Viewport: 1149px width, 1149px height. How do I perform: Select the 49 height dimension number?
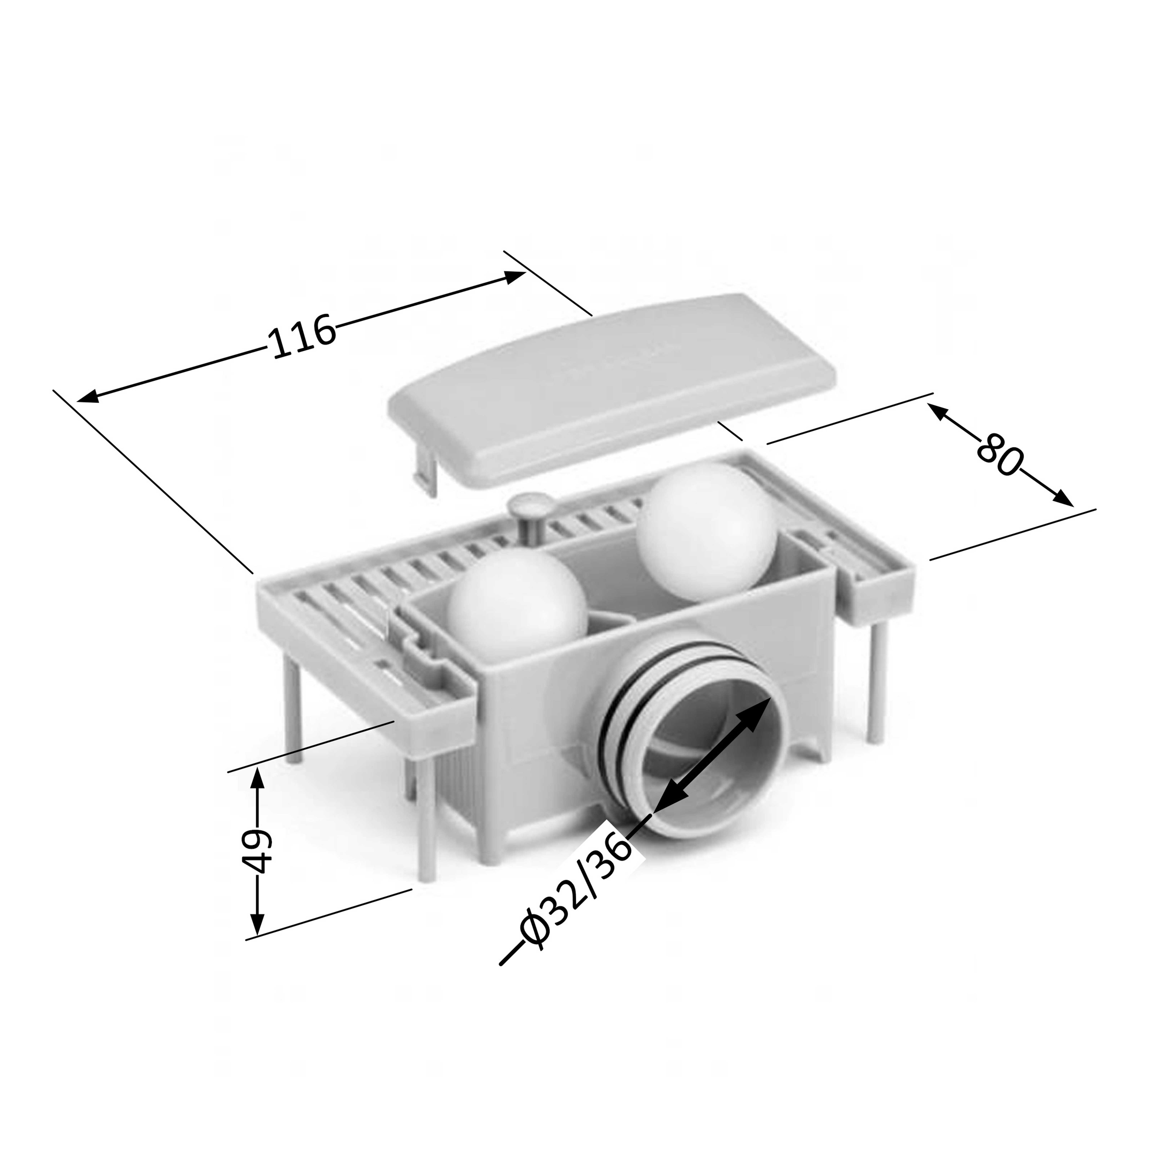click(259, 851)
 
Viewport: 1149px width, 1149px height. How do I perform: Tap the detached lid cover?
click(613, 390)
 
